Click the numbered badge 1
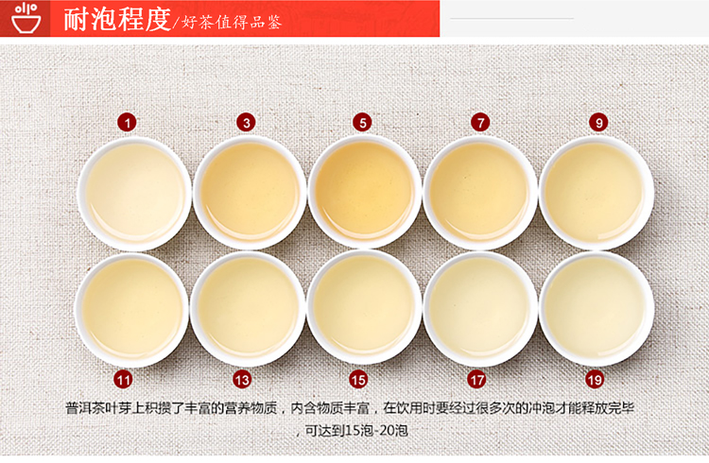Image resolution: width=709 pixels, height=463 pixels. coord(127,123)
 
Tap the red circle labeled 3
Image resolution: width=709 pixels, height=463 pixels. coord(246,123)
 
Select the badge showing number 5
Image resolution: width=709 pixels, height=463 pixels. coord(362,123)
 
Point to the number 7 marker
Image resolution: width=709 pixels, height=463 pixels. coord(480,123)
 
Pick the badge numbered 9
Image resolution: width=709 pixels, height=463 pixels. coord(598,123)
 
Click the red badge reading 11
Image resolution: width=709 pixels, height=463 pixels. coord(123,379)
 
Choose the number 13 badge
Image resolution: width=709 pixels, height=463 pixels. coord(242,379)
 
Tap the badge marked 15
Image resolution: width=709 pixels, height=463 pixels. coord(358,379)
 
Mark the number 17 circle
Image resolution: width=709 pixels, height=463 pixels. coord(476,379)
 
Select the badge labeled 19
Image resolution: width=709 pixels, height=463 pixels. coord(595,379)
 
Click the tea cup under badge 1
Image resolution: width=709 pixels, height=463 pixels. coord(135,194)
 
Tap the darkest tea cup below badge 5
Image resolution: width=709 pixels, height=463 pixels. coord(365,192)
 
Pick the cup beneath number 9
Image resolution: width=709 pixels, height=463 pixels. coord(597,193)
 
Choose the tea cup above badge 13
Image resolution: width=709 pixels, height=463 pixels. coord(248,309)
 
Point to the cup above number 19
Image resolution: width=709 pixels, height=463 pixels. coord(597,309)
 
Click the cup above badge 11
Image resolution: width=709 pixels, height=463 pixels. coord(131,310)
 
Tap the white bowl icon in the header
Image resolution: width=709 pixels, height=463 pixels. coord(26,19)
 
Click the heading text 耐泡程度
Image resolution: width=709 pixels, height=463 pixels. coord(117,19)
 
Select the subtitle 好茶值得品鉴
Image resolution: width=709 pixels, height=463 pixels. coord(232,22)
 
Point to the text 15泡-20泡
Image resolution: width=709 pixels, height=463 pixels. coord(376,430)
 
